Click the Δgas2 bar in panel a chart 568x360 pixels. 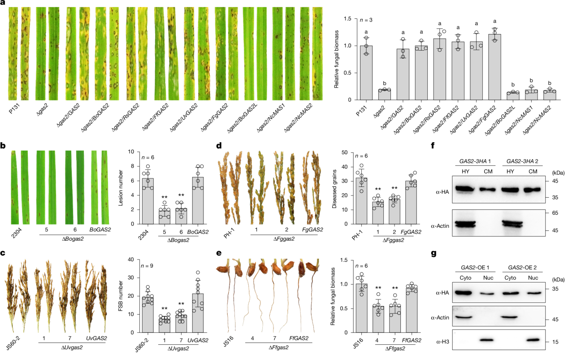(384, 95)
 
